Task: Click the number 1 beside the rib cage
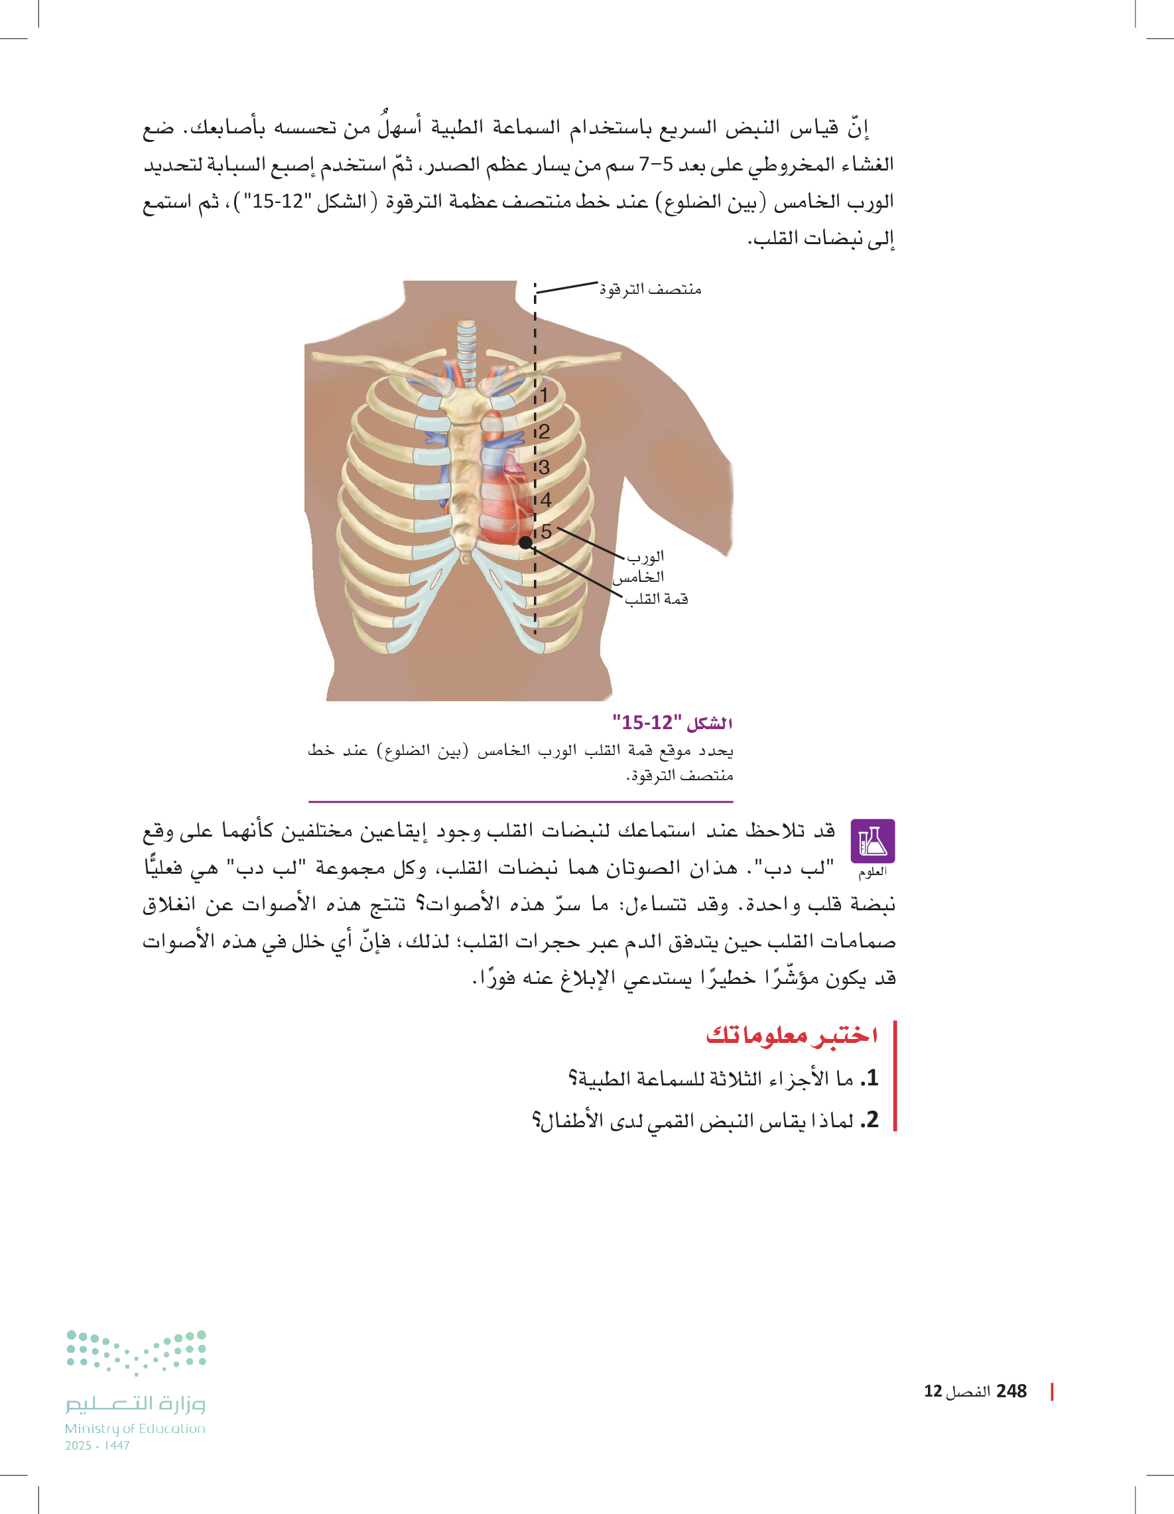544,396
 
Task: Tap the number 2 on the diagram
544,432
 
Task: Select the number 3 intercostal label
544,468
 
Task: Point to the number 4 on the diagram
546,500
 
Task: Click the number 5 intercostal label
546,531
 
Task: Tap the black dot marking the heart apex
526,543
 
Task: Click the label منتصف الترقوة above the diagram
650,289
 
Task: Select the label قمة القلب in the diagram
656,599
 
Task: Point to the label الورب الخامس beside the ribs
641,567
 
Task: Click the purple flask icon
872,840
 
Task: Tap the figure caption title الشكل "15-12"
673,723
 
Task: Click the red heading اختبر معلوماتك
792,1035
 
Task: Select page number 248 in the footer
1011,1391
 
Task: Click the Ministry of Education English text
135,1428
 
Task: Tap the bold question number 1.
870,1078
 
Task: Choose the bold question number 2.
870,1119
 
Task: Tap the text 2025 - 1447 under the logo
98,1446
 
